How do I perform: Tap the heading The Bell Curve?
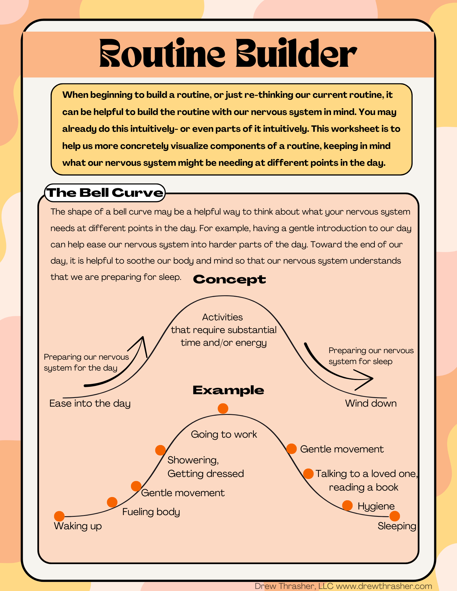click(x=105, y=193)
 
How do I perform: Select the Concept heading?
click(x=229, y=279)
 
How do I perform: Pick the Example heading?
click(x=228, y=390)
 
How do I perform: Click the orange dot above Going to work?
click(x=223, y=408)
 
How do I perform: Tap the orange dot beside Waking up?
click(x=59, y=516)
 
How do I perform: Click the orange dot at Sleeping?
click(x=395, y=516)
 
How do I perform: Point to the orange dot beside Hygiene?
click(x=348, y=506)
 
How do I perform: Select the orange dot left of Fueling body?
click(x=112, y=502)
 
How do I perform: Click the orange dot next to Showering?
click(x=160, y=450)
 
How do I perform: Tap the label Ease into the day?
click(x=90, y=403)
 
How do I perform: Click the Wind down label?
click(x=371, y=403)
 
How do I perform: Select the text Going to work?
click(x=224, y=434)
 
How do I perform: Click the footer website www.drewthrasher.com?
click(x=384, y=586)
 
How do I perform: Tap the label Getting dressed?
click(x=206, y=474)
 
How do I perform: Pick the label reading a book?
click(x=364, y=487)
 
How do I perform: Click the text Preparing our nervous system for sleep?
click(x=371, y=356)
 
